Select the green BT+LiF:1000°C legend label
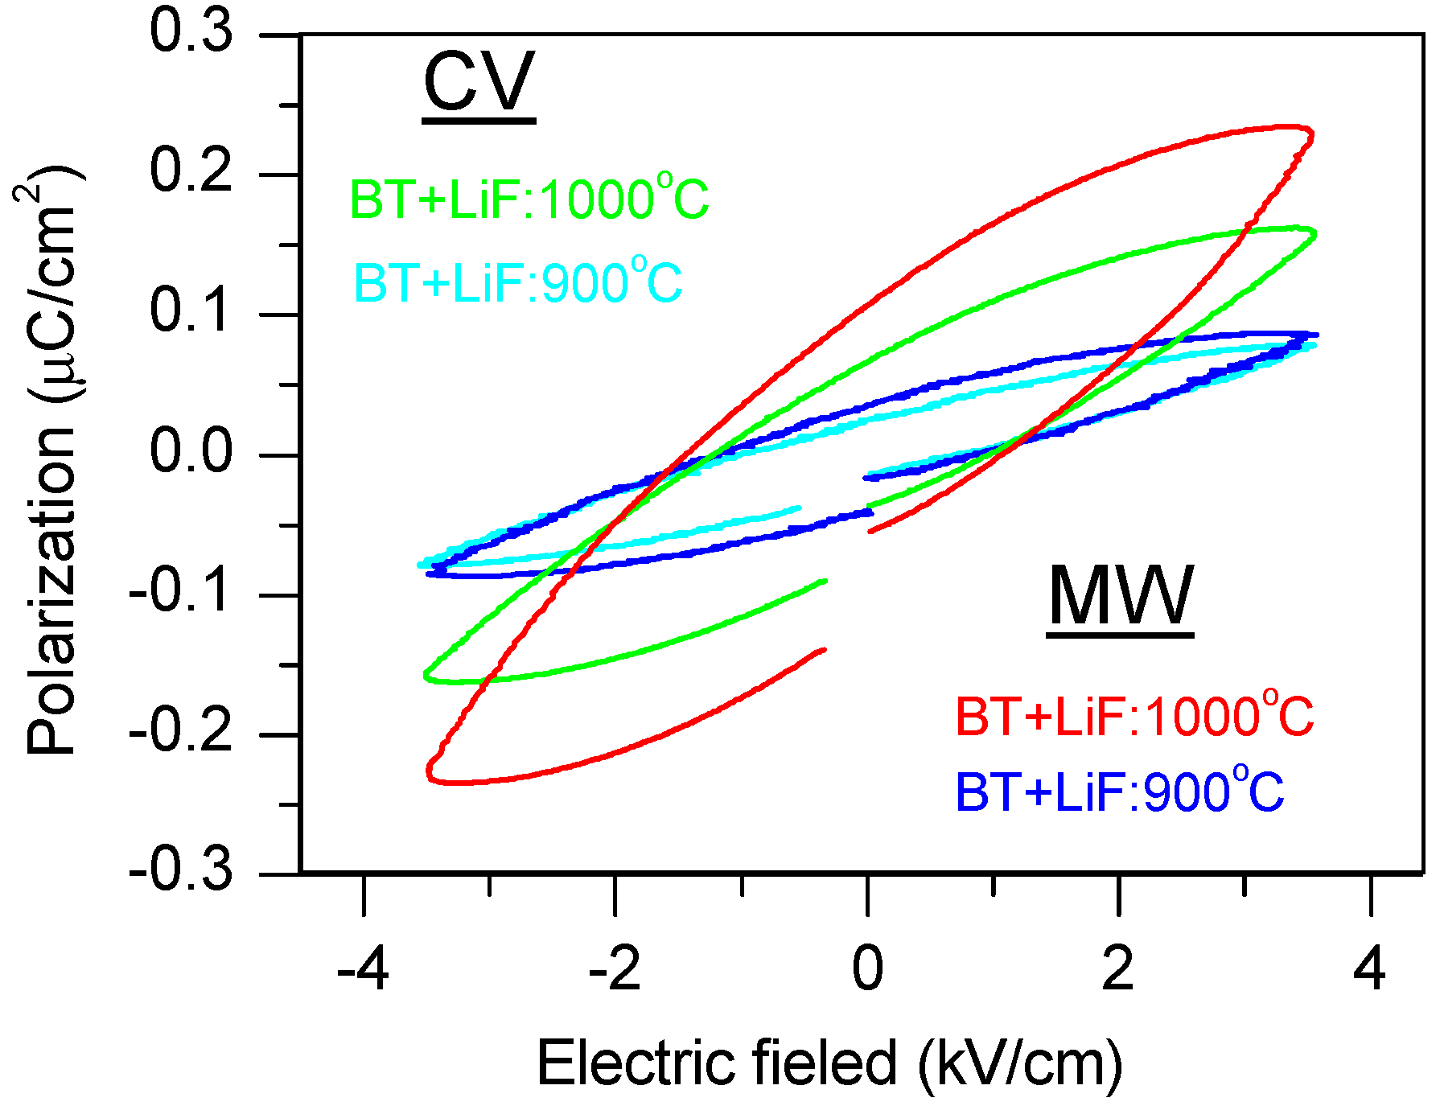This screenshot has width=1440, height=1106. tap(529, 199)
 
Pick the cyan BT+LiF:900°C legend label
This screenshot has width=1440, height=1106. tap(517, 282)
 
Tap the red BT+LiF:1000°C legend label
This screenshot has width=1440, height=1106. tap(1134, 716)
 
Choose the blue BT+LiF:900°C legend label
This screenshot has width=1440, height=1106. tap(1119, 791)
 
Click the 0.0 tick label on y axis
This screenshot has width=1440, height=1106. tap(191, 453)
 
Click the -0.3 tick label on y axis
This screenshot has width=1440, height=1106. tap(181, 872)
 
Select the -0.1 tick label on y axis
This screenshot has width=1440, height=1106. tap(181, 593)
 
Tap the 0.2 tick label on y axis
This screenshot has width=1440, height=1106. tap(191, 173)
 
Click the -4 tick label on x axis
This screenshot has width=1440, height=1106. tap(363, 969)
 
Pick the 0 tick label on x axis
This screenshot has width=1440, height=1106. tap(867, 969)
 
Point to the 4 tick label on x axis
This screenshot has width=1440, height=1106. tap(1369, 969)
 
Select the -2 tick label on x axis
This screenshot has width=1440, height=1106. tap(615, 969)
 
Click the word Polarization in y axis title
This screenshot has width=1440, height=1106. tap(51, 591)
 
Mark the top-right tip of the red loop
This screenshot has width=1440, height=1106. tap(1310, 132)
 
